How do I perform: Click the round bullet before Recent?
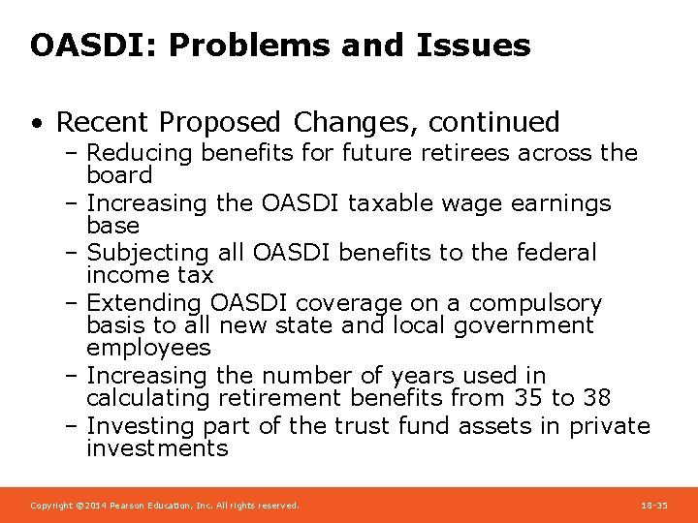[x=36, y=123]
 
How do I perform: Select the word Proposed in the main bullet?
[x=222, y=122]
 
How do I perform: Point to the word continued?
[x=493, y=122]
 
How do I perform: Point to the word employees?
[x=147, y=347]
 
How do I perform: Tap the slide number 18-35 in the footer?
[x=654, y=506]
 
